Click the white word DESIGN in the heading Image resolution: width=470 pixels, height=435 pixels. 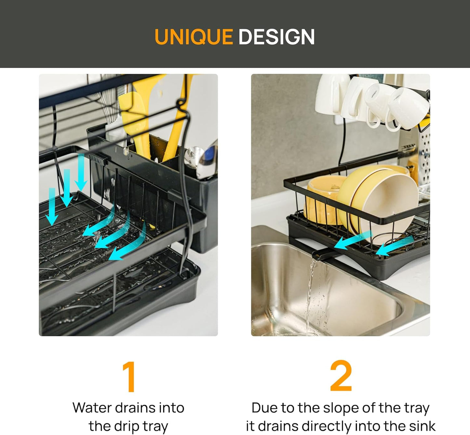[x=277, y=37]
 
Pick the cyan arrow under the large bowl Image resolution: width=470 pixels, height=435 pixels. [x=353, y=240]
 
